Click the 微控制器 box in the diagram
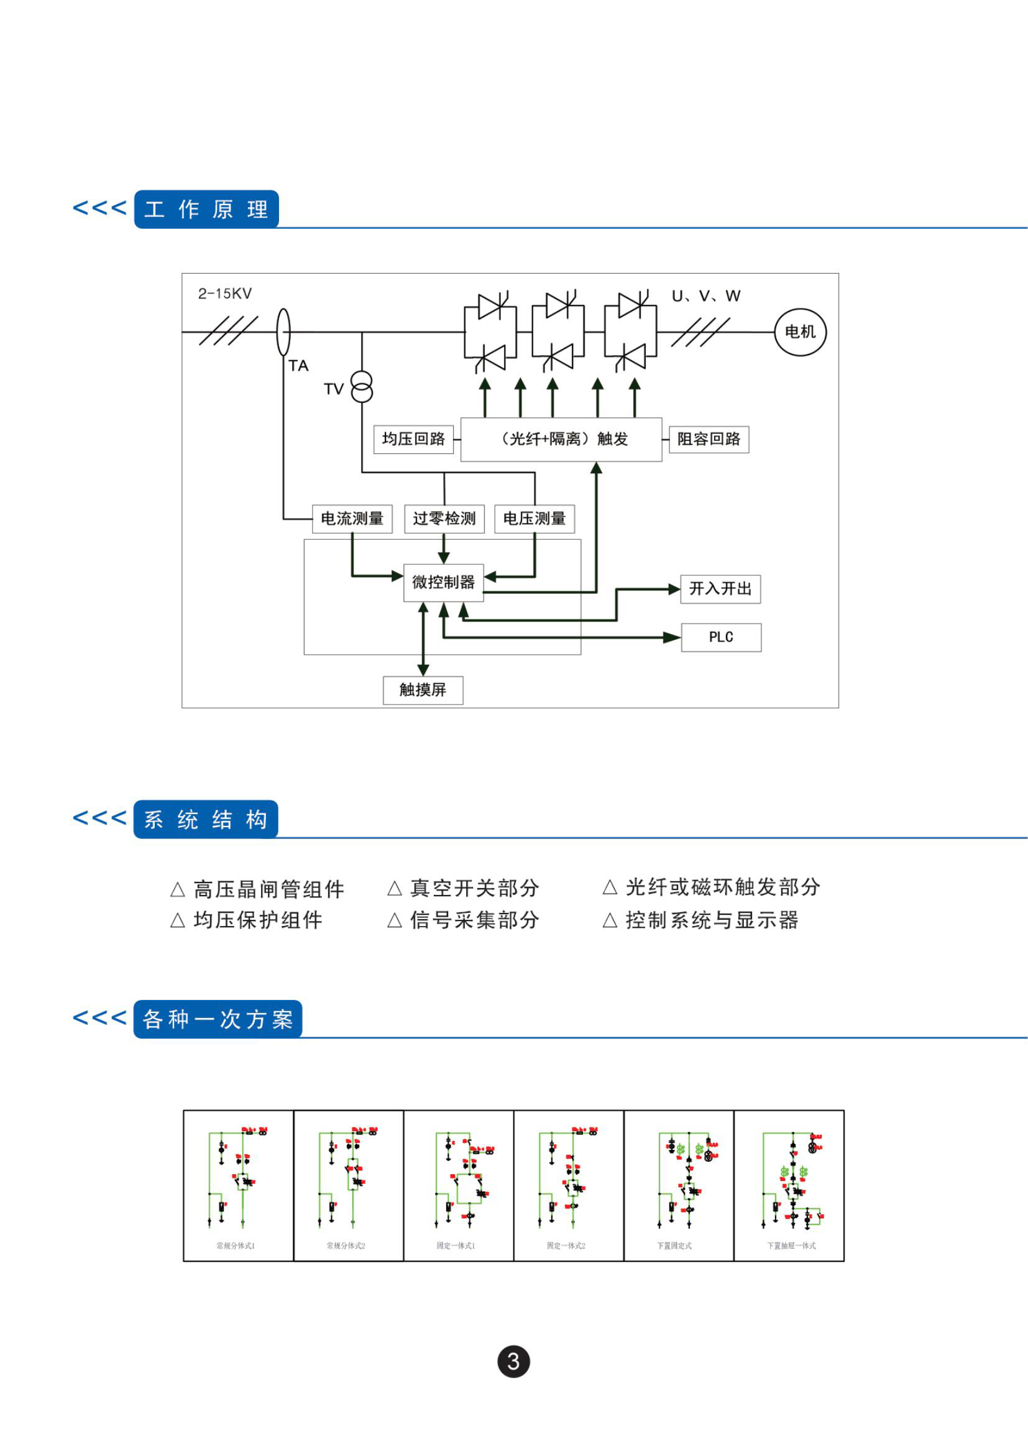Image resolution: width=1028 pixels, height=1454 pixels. [443, 582]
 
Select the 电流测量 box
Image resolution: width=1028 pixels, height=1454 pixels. [352, 519]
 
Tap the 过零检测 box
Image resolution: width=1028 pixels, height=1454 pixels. [444, 519]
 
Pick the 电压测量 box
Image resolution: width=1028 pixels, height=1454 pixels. [535, 519]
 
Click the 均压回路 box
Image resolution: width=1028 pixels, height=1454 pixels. [413, 439]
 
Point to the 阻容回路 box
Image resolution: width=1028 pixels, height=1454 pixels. [709, 439]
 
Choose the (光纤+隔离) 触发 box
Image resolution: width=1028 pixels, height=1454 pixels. [561, 439]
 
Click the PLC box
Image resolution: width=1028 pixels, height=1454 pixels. [721, 637]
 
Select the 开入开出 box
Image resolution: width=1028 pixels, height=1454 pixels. [720, 589]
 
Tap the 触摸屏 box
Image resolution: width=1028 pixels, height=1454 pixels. [423, 690]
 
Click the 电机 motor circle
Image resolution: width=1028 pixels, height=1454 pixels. [800, 331]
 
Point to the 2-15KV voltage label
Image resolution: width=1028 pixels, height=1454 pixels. [225, 294]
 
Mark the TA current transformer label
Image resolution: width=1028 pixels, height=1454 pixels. [298, 366]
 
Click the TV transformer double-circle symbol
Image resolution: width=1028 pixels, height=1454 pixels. [362, 387]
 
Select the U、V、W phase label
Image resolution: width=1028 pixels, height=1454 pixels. [706, 296]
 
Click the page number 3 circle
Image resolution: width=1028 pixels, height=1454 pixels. [513, 1361]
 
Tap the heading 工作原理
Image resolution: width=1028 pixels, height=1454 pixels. [206, 209]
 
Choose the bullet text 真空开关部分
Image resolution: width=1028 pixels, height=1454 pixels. [474, 888]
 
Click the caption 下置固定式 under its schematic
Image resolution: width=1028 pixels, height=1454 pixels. [674, 1246]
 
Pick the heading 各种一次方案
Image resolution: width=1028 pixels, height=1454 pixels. [218, 1019]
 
